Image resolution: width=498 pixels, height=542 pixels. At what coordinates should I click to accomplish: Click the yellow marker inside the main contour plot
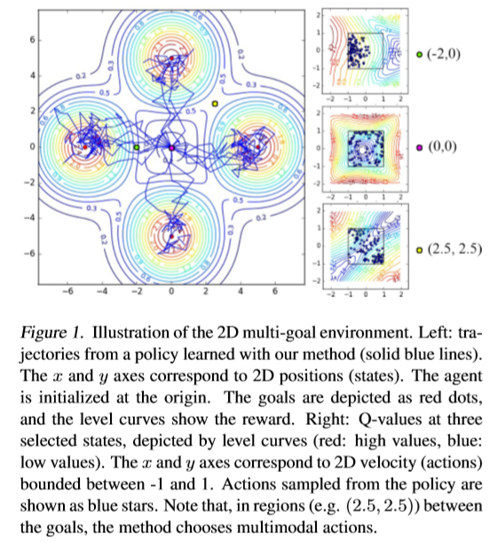[215, 105]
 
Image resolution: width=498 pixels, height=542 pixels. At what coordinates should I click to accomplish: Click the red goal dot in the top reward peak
[171, 59]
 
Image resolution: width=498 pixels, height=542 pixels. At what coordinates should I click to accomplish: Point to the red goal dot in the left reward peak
[84, 146]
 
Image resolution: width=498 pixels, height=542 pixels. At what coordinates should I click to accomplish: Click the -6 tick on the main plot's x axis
[67, 290]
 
